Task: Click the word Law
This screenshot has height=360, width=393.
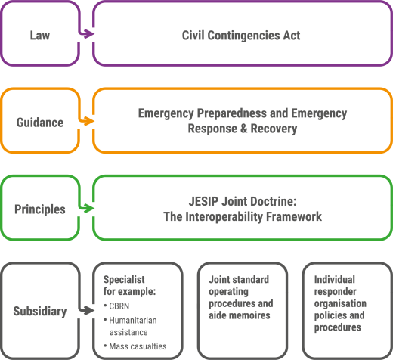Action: tap(40, 35)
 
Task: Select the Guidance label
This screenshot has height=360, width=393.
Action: tap(40, 123)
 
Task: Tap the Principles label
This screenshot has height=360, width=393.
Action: tap(40, 209)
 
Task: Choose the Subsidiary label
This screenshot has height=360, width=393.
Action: tap(40, 311)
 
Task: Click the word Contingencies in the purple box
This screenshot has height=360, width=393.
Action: tap(243, 36)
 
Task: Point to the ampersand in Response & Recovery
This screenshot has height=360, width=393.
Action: tap(243, 129)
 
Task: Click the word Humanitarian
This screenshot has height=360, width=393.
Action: tap(133, 320)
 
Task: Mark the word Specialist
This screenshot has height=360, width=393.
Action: tap(124, 280)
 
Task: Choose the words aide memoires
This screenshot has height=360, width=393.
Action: tap(240, 315)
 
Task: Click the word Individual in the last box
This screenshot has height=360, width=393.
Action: tap(335, 279)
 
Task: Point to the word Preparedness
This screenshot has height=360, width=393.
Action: tap(232, 113)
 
